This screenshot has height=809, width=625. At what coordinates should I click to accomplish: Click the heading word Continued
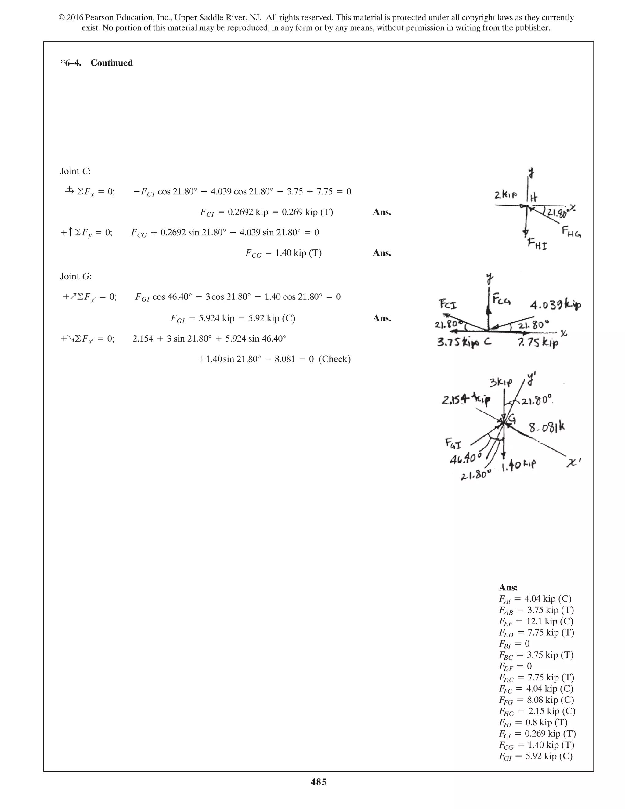[x=111, y=63]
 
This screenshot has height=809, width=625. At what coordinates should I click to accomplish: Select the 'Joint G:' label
[x=76, y=276]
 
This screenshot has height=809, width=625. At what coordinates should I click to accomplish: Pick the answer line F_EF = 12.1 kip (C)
[x=536, y=621]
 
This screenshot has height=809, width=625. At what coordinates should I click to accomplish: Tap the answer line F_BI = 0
[x=514, y=644]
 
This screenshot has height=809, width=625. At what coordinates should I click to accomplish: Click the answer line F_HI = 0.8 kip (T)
[x=533, y=722]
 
